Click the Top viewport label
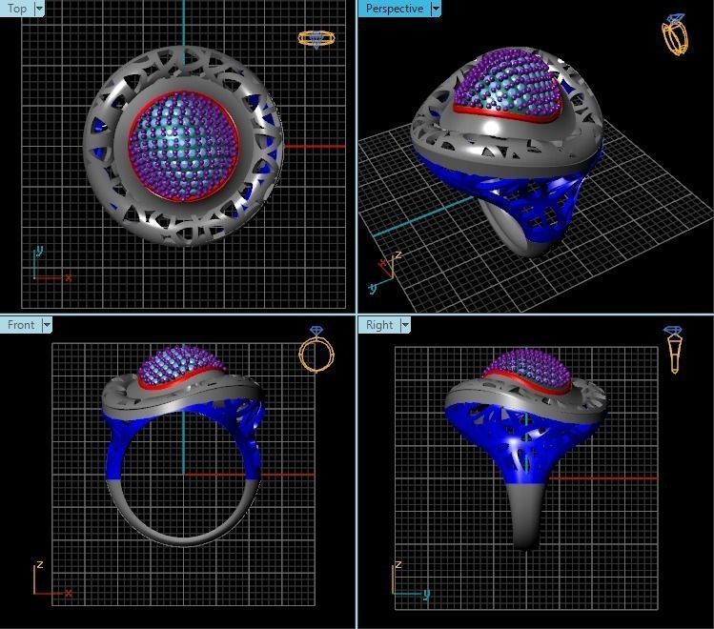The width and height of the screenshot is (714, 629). pyautogui.click(x=17, y=9)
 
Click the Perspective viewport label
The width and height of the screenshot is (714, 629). pyautogui.click(x=395, y=9)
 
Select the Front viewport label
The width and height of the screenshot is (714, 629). pyautogui.click(x=21, y=325)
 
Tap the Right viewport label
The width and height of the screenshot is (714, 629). pyautogui.click(x=379, y=325)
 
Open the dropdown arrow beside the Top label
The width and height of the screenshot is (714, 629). pyautogui.click(x=39, y=9)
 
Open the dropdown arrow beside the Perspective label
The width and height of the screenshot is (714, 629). pyautogui.click(x=436, y=9)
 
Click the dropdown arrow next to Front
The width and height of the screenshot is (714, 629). pyautogui.click(x=46, y=325)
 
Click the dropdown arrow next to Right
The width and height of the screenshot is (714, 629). pyautogui.click(x=405, y=325)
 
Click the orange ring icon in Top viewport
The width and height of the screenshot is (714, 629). pyautogui.click(x=316, y=39)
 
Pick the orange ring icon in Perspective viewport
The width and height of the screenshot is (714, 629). pyautogui.click(x=675, y=34)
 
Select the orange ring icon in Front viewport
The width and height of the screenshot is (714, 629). pyautogui.click(x=316, y=352)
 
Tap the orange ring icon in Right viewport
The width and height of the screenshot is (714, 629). pyautogui.click(x=674, y=350)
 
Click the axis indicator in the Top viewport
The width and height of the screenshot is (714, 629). pyautogui.click(x=48, y=267)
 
